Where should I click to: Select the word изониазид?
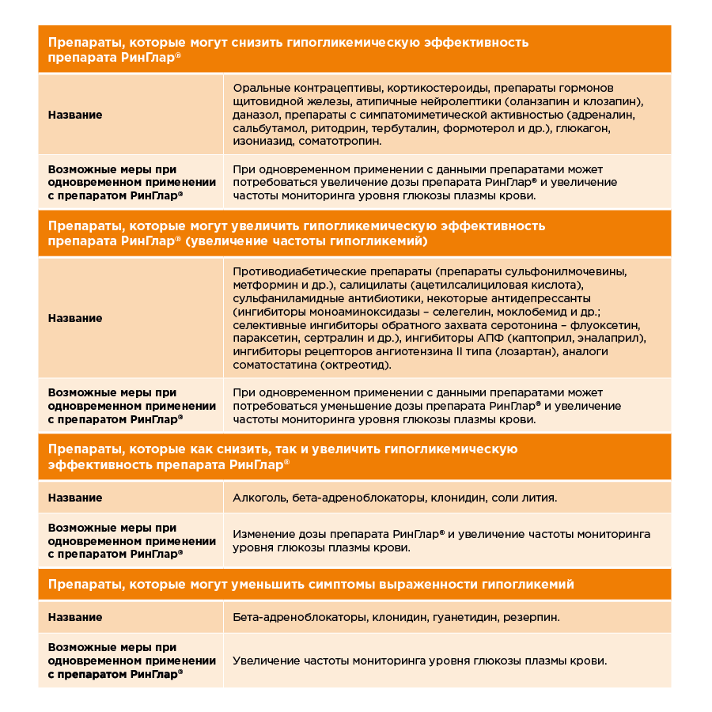263,141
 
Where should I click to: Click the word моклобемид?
536,312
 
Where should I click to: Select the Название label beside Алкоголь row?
75,498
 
